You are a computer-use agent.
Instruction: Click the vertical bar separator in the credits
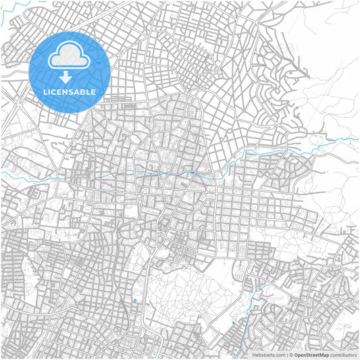coord(287,354)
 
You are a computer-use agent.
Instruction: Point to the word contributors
coord(342,354)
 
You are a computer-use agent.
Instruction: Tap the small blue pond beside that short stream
coord(233,323)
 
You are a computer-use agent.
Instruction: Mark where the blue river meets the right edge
coord(357,138)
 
